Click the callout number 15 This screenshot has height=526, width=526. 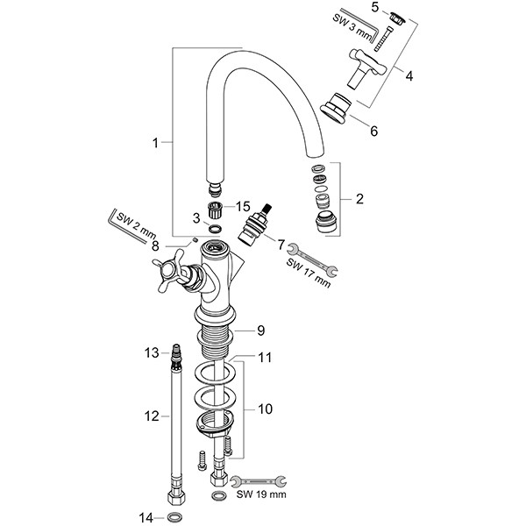coord(243,207)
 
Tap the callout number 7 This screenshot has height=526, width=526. coord(281,245)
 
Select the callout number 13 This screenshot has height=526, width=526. coord(152,353)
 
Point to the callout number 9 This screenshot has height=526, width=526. coord(260,331)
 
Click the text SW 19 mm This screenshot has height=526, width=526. coord(261,494)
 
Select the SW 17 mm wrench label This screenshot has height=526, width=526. coord(309,273)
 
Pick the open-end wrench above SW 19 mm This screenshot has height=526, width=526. coord(259,481)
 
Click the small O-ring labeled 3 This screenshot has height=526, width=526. coord(215,230)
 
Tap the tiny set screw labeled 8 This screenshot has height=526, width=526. coord(194,240)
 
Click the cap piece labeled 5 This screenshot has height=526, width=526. coord(397,18)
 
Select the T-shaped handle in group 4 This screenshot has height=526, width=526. coord(366,68)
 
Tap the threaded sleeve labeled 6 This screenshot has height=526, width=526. coord(336,108)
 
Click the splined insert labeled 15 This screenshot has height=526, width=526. coord(214,210)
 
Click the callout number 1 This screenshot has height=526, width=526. coord(155,143)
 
